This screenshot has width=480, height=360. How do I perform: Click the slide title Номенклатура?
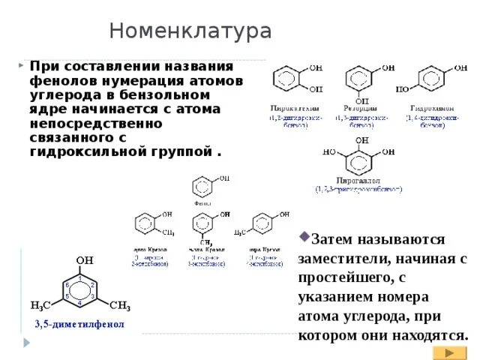pos(190,31)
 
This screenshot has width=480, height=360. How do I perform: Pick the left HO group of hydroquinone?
pos(402,89)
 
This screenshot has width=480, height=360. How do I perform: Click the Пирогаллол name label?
pos(358,181)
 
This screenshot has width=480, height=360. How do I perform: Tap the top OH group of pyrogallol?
pos(362,140)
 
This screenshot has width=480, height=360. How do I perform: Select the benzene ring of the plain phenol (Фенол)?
pos(203,186)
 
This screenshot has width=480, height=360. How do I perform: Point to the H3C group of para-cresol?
pos(240,231)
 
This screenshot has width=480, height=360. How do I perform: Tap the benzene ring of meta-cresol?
pos(203,223)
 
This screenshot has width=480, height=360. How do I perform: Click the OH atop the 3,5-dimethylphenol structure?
pos(84,261)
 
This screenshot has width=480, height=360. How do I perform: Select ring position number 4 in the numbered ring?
pos(80,304)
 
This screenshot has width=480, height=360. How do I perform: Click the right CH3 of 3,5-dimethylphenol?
pos(120,306)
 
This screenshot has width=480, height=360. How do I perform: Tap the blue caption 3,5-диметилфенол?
pos(79,325)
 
